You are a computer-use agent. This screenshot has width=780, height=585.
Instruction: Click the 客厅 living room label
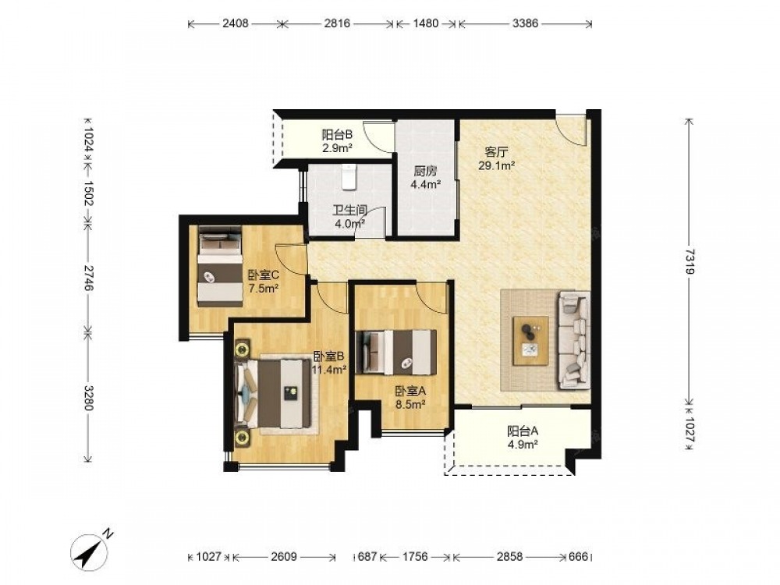click(x=496, y=152)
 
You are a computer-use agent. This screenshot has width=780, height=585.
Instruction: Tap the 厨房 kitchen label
click(x=425, y=172)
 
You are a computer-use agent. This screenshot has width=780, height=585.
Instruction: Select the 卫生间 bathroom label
click(x=349, y=211)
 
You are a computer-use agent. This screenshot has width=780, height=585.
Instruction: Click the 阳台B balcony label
click(x=337, y=134)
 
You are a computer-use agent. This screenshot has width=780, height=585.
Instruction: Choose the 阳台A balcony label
click(x=523, y=431)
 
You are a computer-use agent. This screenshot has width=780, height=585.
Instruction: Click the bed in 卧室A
click(x=396, y=353)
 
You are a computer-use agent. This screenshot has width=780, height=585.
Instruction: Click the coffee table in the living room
click(x=530, y=341)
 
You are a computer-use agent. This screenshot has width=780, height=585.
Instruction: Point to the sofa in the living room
click(x=573, y=340)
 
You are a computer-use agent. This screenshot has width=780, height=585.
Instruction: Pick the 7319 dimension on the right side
click(x=690, y=261)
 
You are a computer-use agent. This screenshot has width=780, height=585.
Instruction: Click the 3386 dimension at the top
click(x=525, y=23)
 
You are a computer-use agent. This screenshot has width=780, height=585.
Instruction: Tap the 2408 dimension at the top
click(x=236, y=23)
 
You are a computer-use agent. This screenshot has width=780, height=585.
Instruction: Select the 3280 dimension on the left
click(x=89, y=398)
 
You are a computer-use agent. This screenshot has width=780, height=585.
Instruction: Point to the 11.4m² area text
click(x=329, y=370)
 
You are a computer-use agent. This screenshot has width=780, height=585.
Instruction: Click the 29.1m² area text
click(x=496, y=165)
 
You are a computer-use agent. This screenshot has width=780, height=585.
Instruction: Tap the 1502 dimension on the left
click(x=89, y=193)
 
